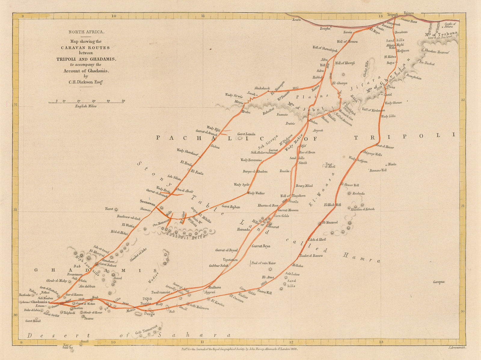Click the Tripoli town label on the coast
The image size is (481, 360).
click(x=392, y=14)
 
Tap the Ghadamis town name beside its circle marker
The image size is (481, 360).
click(x=39, y=302)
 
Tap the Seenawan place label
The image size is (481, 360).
click(x=147, y=201)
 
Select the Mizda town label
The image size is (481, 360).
click(x=392, y=164)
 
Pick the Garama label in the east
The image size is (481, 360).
click(x=439, y=282)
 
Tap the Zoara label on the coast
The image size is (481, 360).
click(x=296, y=20)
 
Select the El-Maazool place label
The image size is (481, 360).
click(x=330, y=223)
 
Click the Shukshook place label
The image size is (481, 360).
click(x=262, y=88)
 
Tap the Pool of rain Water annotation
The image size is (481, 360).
click(x=263, y=263)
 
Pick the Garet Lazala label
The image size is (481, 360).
click(x=246, y=134)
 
